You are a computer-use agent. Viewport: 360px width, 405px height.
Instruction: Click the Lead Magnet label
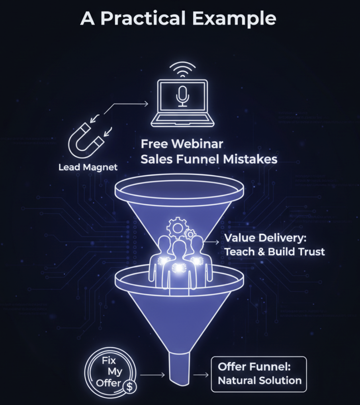[88, 167]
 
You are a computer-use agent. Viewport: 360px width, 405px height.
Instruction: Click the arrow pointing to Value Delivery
[211, 241]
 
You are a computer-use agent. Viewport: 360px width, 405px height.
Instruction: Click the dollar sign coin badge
[128, 386]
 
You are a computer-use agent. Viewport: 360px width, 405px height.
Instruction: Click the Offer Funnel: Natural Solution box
[258, 374]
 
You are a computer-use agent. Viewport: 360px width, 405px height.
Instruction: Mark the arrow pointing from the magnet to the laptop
[129, 104]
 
